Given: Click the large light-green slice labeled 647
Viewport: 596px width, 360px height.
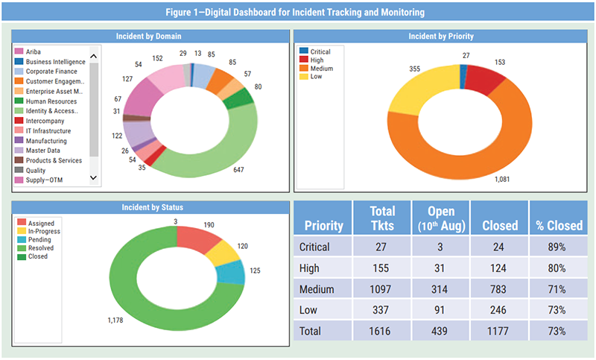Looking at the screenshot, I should [216, 153].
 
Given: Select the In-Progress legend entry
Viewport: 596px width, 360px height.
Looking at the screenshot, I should [45, 231].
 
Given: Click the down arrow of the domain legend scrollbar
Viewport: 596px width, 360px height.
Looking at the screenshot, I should [94, 177].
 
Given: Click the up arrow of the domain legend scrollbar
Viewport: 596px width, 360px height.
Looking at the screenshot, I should [94, 56].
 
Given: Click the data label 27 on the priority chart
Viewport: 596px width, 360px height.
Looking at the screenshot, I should [466, 55].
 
